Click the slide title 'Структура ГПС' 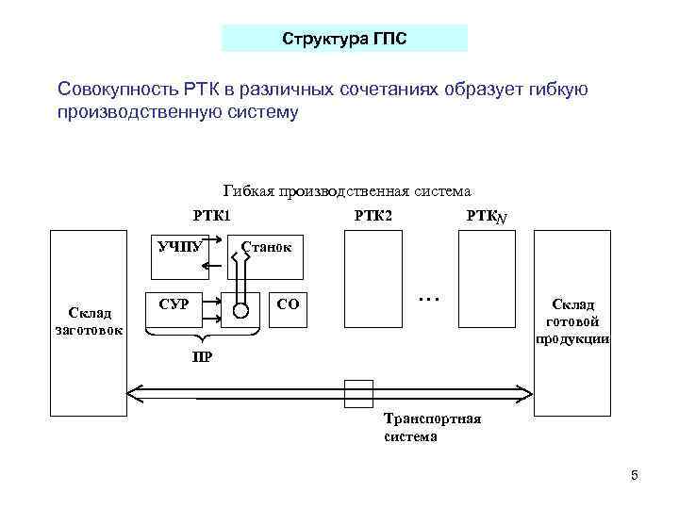pos(344,39)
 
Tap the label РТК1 pos(211,216)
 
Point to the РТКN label pos(487,217)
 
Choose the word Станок pos(267,247)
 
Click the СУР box pos(175,304)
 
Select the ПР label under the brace pos(201,356)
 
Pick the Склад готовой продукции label pos(573,320)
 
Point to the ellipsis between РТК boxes pos(429,298)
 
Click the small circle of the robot pos(241,310)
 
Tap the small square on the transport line pos(358,393)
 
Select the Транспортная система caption pos(433,427)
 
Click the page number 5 pos(635,475)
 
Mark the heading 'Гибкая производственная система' pos(346,191)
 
